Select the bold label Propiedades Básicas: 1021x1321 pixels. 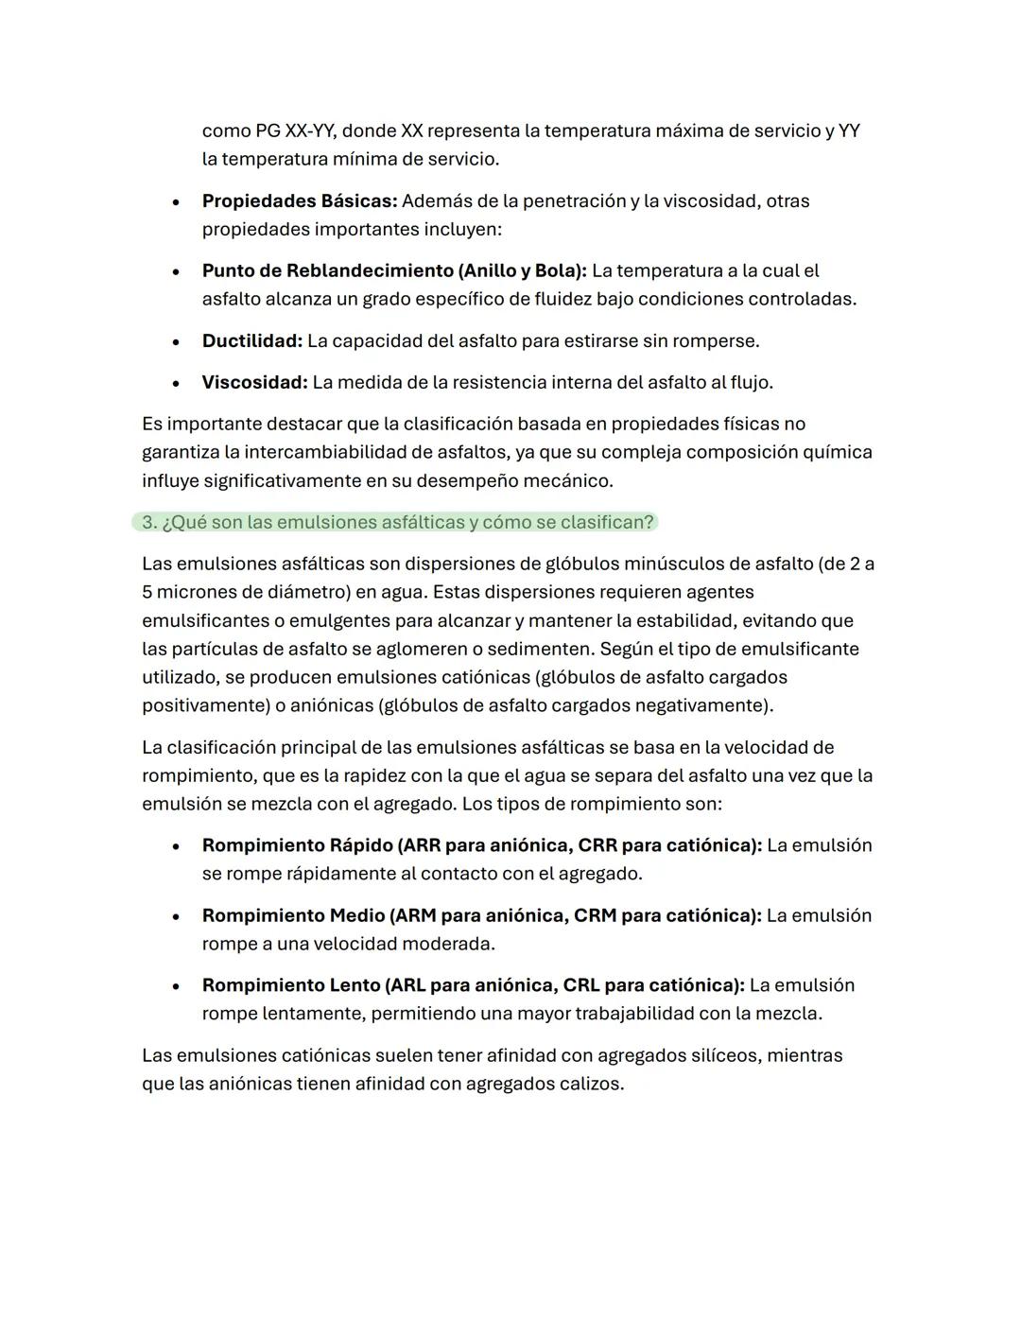300,200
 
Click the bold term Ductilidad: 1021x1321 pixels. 251,340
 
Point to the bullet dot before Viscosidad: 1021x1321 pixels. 176,384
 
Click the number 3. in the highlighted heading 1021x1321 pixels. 149,522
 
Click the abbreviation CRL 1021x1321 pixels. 581,985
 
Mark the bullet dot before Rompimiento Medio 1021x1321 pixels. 176,917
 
